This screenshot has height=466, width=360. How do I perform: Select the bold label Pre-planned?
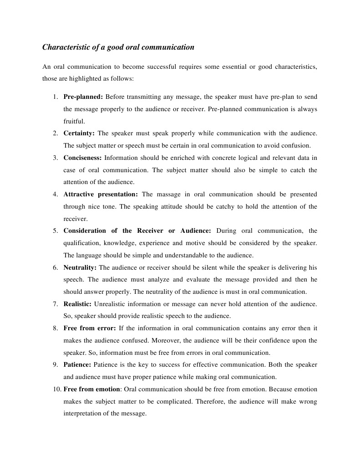pyautogui.click(x=83, y=97)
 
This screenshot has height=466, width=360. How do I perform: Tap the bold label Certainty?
pyautogui.click(x=79, y=133)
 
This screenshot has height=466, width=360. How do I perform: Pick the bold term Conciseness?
pyautogui.click(x=83, y=158)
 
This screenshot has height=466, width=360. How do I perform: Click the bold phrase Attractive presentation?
pyautogui.click(x=100, y=194)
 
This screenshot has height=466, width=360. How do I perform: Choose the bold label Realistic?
pyautogui.click(x=77, y=304)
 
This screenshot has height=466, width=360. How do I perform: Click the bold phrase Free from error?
pyautogui.click(x=90, y=328)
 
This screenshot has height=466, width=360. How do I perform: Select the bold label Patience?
pyautogui.click(x=77, y=365)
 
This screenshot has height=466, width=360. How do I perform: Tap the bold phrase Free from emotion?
pyautogui.click(x=92, y=389)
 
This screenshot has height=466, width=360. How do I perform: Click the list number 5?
pyautogui.click(x=55, y=231)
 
